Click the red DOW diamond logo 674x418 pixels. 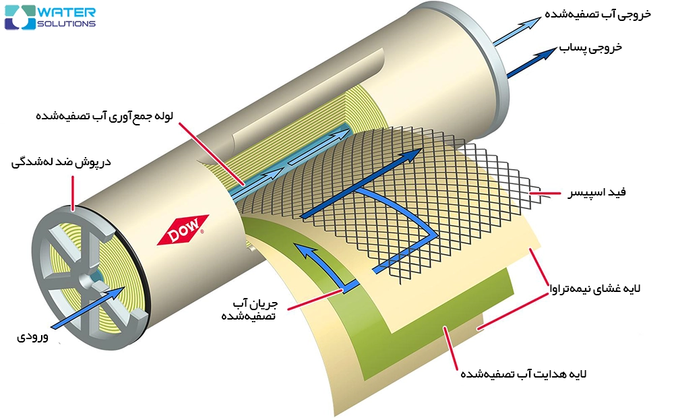(183, 229)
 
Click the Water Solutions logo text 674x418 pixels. (67, 18)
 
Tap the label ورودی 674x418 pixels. (32, 336)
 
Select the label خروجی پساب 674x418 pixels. (590, 47)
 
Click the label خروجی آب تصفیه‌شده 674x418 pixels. (598, 14)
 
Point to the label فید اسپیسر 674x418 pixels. (596, 192)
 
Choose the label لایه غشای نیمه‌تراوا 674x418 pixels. (595, 289)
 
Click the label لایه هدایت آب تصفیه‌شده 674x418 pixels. (524, 374)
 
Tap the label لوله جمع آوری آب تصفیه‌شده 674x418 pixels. (104, 116)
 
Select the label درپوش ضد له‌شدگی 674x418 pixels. (61, 162)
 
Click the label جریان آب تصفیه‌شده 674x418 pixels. (249, 309)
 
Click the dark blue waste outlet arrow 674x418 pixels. (532, 63)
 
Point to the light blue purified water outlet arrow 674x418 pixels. (516, 31)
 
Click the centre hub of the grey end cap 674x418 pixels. (90, 280)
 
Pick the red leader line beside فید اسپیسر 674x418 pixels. (545, 193)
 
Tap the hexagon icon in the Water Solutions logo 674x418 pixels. (20, 18)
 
